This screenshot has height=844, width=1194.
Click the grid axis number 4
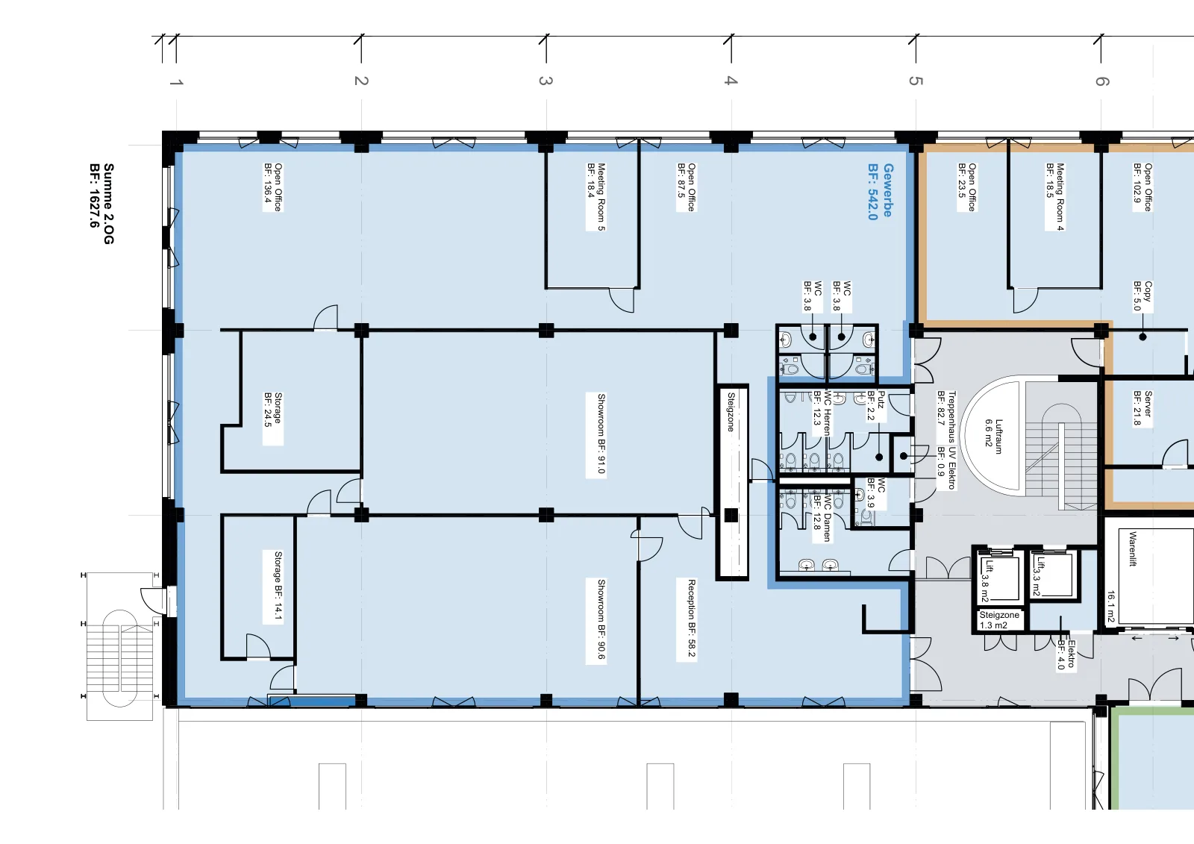tap(731, 81)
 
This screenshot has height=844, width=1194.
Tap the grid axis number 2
tap(361, 81)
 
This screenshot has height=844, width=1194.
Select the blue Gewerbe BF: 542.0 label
tap(880, 191)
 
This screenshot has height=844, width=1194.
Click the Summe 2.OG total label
tap(101, 204)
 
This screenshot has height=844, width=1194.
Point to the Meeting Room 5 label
tap(596, 197)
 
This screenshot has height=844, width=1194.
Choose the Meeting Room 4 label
tap(1055, 197)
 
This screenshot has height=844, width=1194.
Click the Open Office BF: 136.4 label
tap(272, 187)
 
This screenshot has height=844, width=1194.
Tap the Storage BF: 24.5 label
tap(272, 418)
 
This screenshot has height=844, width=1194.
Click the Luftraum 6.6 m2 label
tap(993, 436)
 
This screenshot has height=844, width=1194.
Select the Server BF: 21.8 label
tap(1143, 408)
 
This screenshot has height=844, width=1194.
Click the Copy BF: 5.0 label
tap(1143, 296)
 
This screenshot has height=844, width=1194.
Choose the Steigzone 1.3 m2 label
tap(999, 620)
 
